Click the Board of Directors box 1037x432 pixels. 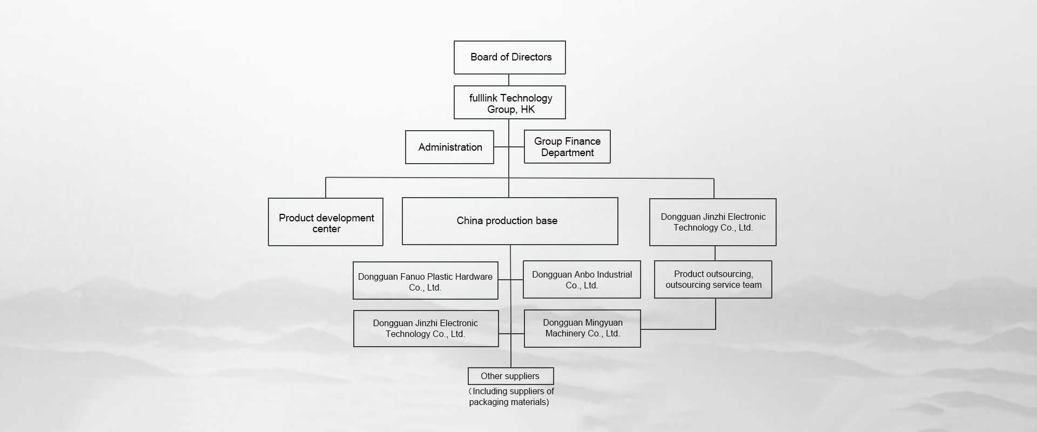tap(509, 57)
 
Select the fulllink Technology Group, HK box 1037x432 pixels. tap(509, 102)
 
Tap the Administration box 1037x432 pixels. tap(449, 147)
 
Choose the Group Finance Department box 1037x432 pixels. tap(567, 146)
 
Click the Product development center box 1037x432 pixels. tap(326, 222)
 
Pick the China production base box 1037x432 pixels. tap(510, 221)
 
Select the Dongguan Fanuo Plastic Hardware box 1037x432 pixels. tap(426, 280)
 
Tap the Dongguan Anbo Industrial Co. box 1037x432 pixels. tap(582, 279)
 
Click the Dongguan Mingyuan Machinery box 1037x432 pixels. tap(582, 328)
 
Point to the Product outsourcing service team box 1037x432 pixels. tap(713, 279)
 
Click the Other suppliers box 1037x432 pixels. tap(510, 376)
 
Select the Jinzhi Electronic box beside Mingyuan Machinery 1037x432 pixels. tap(426, 328)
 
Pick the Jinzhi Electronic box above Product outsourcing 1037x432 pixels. tap(713, 222)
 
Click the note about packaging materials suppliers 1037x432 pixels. tap(511, 396)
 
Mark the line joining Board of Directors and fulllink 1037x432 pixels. tap(509, 80)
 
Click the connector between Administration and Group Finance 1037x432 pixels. tap(509, 147)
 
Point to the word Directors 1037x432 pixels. tap(532, 57)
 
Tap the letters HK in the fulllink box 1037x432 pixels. tap(528, 110)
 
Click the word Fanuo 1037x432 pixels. tap(413, 276)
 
